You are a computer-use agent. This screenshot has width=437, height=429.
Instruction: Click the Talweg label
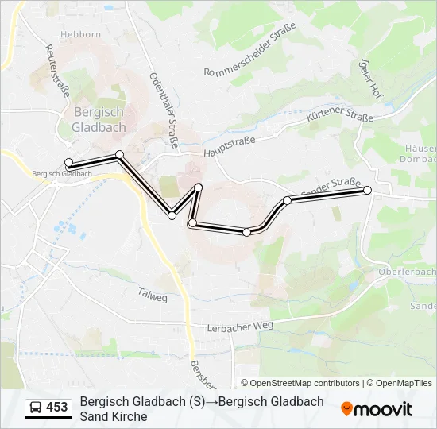point(153,296)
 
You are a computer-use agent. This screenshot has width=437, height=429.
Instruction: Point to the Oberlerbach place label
point(410,272)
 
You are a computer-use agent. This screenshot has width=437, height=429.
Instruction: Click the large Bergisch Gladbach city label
point(97,119)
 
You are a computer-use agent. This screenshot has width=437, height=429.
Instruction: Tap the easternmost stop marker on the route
point(367,191)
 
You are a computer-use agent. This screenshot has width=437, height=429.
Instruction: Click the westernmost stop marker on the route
point(68,163)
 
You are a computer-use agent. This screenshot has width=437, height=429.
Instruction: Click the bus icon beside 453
point(35,408)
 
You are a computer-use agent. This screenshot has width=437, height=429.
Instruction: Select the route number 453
point(57,408)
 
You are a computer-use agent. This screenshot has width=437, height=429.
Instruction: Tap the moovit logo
point(377,409)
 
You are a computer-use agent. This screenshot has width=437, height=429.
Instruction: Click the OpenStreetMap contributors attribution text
point(300,383)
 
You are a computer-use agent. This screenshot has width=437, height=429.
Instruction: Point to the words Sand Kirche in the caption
point(114,416)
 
